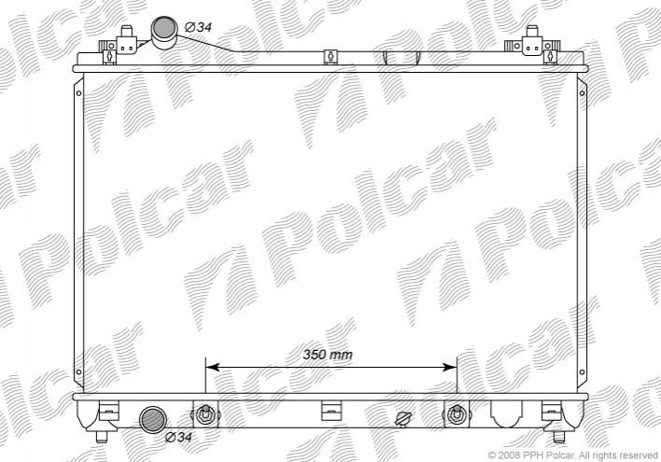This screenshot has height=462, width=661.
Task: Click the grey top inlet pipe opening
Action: pyautogui.click(x=164, y=28)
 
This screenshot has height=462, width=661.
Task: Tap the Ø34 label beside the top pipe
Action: pyautogui.click(x=198, y=27)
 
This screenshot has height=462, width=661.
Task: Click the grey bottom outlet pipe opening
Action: pyautogui.click(x=152, y=420)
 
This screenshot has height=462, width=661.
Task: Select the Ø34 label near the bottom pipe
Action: pyautogui.click(x=178, y=437)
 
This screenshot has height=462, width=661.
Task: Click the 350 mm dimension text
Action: pyautogui.click(x=328, y=355)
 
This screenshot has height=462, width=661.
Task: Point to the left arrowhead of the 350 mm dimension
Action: pyautogui.click(x=212, y=367)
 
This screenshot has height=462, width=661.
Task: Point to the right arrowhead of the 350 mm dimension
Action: pyautogui.click(x=450, y=367)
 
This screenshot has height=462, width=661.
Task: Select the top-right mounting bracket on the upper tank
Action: pyautogui.click(x=532, y=44)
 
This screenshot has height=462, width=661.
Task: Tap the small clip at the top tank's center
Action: pyautogui.click(x=330, y=57)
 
